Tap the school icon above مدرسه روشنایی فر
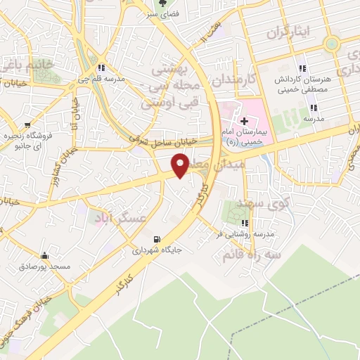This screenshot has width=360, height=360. pos(245,223)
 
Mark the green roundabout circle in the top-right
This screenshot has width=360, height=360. pos(331,44)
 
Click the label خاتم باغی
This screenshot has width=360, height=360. pos(27,65)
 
